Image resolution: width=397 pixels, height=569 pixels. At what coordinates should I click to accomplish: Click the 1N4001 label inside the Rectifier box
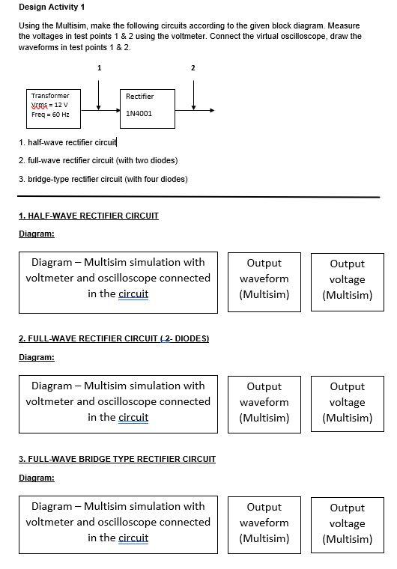click(139, 114)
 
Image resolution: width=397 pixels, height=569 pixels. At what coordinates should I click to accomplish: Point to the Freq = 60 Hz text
click(49, 115)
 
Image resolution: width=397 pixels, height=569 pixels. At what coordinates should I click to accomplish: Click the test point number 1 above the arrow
click(99, 68)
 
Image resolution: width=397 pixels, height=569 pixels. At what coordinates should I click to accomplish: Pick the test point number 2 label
click(193, 68)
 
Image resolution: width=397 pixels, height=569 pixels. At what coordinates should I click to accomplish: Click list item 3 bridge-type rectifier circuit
click(103, 179)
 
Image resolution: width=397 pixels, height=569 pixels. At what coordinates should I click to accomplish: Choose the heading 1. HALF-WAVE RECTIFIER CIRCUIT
click(88, 216)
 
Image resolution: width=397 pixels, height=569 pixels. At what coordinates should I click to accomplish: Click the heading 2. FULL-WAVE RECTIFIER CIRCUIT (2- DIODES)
click(113, 338)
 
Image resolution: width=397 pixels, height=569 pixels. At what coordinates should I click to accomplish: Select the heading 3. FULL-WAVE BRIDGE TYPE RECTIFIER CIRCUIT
click(117, 459)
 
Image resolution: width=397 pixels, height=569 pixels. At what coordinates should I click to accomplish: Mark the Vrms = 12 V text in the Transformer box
click(49, 105)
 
